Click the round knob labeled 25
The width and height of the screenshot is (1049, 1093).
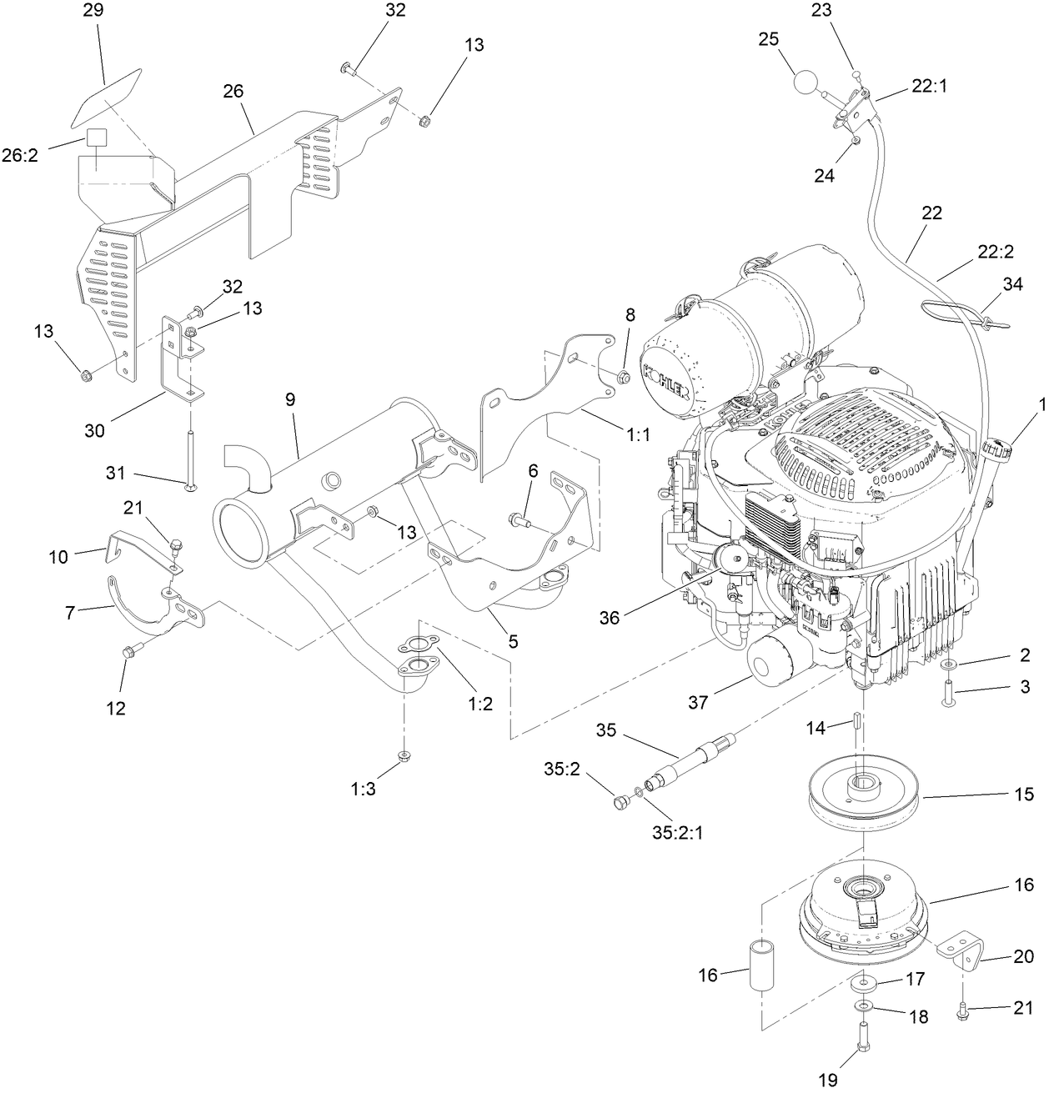pos(806,83)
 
